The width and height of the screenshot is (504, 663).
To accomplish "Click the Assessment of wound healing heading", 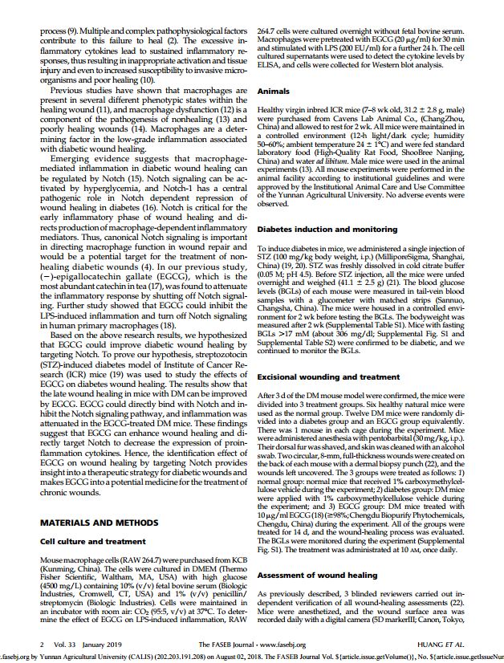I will pos(316,576).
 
